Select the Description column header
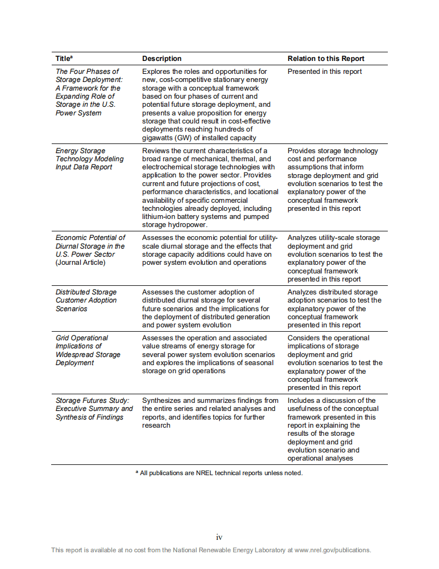[162, 58]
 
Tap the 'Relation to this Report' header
[326, 58]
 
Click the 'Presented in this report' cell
[324, 71]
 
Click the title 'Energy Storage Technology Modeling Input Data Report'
[89, 159]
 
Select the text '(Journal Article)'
[80, 263]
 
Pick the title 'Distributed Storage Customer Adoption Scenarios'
[86, 300]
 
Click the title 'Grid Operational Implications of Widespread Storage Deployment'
[88, 350]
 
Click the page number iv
[219, 537]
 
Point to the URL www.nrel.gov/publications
[332, 550]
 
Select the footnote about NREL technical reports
[219, 473]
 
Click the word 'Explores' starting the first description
[156, 71]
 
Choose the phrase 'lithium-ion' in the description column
[161, 217]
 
